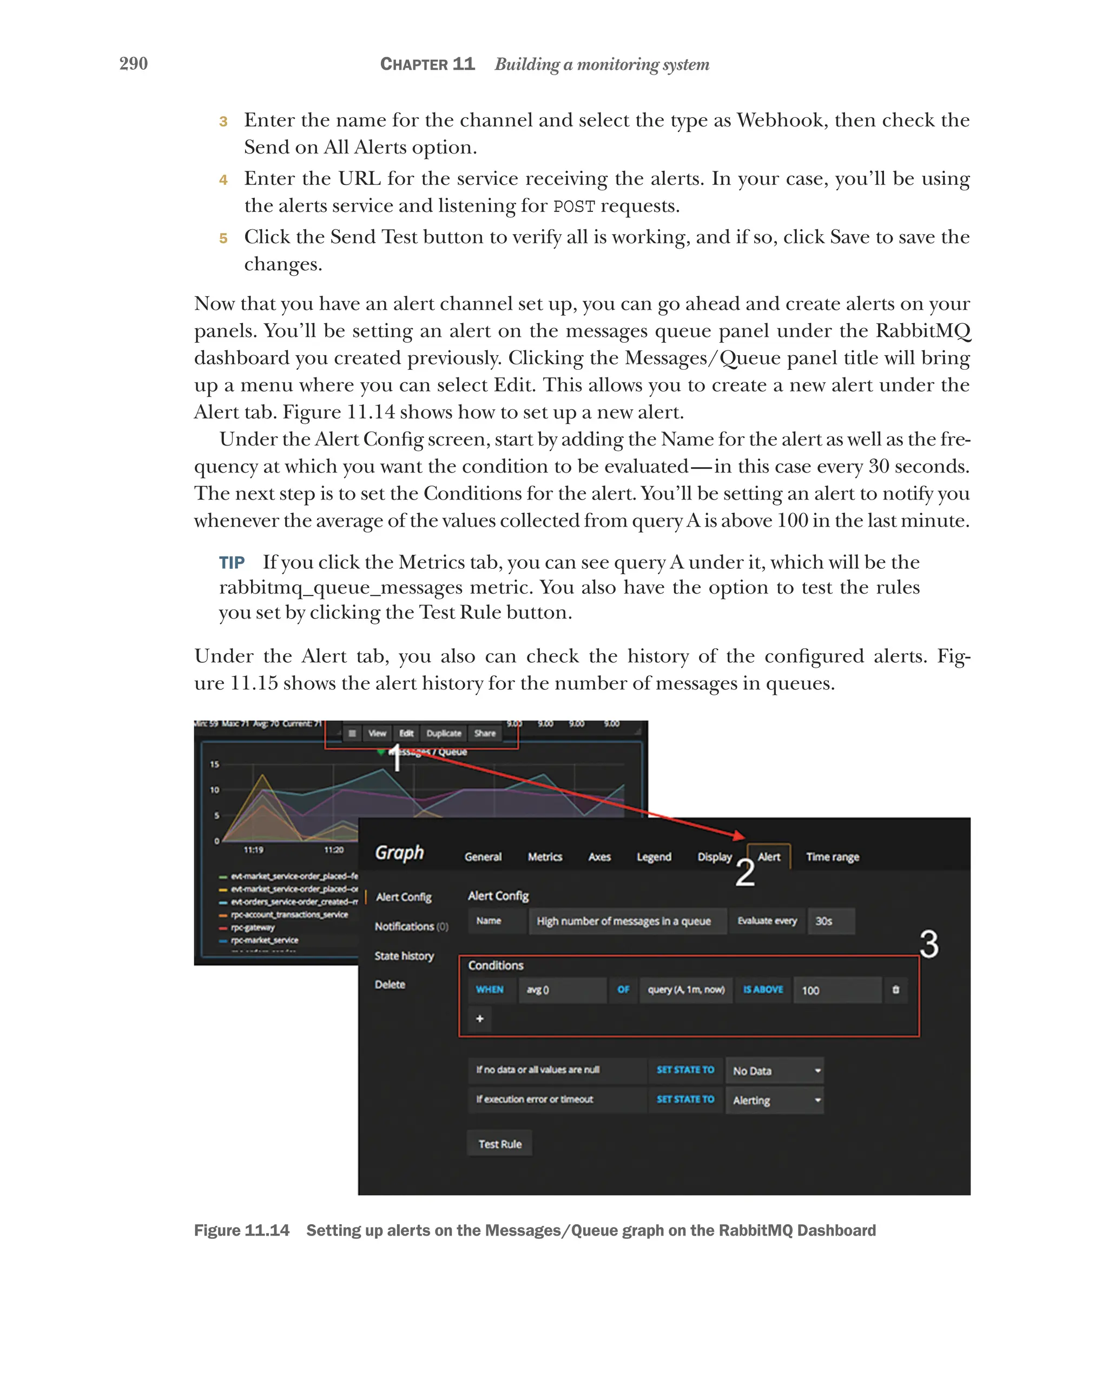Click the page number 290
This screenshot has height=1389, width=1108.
tap(134, 63)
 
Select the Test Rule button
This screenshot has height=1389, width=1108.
tap(499, 1144)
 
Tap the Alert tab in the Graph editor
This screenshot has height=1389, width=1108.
tap(768, 857)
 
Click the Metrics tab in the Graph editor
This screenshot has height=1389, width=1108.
tap(545, 857)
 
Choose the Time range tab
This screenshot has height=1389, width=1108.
tap(832, 857)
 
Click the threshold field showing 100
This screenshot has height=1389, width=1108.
tap(836, 990)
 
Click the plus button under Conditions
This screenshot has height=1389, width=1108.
tap(479, 1019)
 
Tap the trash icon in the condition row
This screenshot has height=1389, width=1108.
tap(895, 989)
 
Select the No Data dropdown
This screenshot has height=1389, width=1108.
tap(774, 1071)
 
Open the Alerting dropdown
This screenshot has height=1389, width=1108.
tap(774, 1100)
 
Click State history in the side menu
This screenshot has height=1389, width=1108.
tap(404, 956)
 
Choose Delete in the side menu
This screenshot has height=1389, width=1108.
tap(390, 985)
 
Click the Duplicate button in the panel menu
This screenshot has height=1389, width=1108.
tap(444, 733)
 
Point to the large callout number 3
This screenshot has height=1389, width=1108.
tap(929, 944)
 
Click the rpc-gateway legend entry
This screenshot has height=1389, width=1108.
tap(253, 928)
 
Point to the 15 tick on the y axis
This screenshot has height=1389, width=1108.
tap(215, 765)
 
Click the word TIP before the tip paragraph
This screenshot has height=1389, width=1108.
tap(232, 563)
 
